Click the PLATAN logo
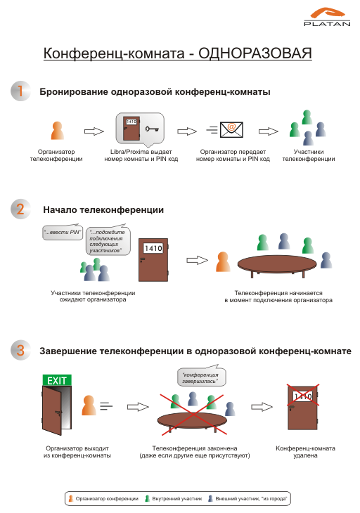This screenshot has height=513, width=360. [x=327, y=17]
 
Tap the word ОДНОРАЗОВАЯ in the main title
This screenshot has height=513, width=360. [x=255, y=53]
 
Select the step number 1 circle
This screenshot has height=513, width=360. [x=20, y=91]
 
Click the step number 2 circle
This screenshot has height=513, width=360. [x=20, y=209]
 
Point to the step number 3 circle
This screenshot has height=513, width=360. [x=20, y=351]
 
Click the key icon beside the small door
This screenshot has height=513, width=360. [x=152, y=129]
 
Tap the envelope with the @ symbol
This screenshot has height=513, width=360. [x=231, y=129]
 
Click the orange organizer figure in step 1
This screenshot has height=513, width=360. [x=57, y=131]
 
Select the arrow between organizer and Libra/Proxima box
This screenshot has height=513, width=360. [x=94, y=131]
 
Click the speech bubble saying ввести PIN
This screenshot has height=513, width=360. [x=63, y=232]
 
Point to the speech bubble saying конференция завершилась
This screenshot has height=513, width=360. [x=201, y=376]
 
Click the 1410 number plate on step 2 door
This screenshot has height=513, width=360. [x=153, y=248]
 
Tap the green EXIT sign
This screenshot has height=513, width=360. [x=57, y=380]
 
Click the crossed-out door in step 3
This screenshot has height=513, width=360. [x=303, y=408]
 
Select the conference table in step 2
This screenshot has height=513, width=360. [x=277, y=265]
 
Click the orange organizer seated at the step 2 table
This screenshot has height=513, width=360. [x=223, y=261]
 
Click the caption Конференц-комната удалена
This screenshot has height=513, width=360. [x=305, y=451]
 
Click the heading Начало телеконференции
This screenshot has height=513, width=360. [x=103, y=209]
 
